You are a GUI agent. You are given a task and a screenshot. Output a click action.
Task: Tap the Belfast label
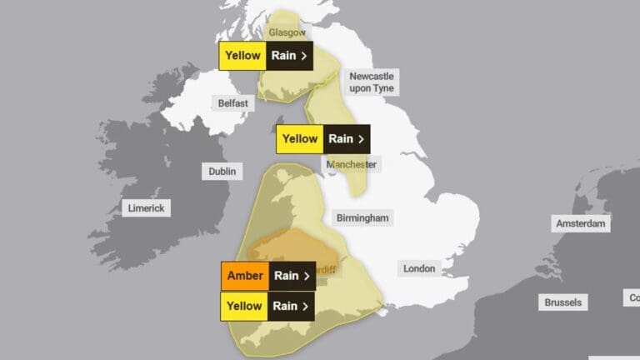point(232,103)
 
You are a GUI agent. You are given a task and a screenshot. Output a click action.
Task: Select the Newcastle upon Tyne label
point(371,82)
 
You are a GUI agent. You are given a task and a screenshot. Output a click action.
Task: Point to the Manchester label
point(353,164)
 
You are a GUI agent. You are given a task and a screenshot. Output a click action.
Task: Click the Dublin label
point(222,171)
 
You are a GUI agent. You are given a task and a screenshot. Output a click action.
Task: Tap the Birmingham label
point(362,217)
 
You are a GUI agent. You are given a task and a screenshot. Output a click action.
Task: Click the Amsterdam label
point(582,223)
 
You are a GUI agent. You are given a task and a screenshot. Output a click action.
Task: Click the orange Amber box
point(244,276)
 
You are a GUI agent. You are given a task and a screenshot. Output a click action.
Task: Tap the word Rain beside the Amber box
point(286,276)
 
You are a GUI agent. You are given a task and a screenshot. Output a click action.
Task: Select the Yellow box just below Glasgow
point(242,56)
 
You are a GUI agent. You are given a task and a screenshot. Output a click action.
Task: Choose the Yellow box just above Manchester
point(300,138)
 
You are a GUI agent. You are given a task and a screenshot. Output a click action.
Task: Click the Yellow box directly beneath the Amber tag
point(244,306)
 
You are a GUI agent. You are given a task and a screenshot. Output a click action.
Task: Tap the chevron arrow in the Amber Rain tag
point(307,276)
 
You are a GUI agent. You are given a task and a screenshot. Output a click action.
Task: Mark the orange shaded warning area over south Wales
point(292,246)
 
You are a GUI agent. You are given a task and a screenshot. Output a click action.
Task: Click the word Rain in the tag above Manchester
point(341,138)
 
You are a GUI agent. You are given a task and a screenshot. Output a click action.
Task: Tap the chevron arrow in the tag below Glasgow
point(303,56)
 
